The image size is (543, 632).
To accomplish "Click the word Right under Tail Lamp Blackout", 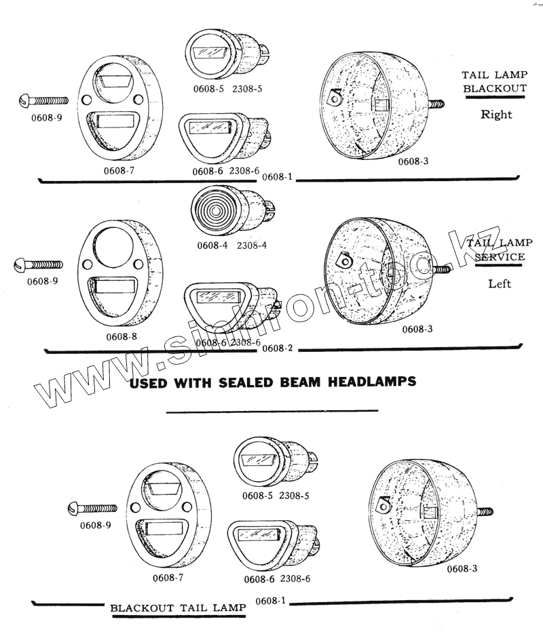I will click(496, 115).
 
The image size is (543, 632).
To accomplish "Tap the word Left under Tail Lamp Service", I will click(500, 283).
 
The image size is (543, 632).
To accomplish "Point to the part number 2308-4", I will click(251, 245).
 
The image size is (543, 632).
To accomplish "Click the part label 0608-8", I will click(121, 337).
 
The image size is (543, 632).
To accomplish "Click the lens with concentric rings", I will click(215, 209).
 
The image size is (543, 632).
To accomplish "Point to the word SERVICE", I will click(500, 257).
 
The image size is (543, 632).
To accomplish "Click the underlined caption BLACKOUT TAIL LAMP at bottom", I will click(178, 608).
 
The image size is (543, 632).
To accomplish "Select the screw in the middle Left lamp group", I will click(38, 265).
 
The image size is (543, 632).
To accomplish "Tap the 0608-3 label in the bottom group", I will click(462, 568).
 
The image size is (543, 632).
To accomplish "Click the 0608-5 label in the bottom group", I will click(257, 496).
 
